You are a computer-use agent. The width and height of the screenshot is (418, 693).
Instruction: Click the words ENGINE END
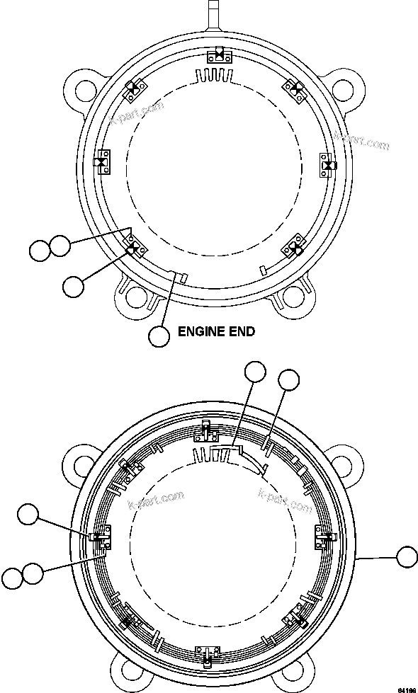click(215, 331)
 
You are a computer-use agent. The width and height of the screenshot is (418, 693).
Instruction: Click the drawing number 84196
click(406, 688)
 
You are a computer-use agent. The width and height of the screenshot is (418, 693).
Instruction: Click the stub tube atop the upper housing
click(215, 12)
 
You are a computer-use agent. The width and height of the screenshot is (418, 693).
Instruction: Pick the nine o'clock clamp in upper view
click(103, 163)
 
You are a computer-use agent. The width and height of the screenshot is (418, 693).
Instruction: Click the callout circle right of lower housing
click(407, 558)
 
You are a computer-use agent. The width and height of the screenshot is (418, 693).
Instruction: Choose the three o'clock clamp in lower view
click(324, 540)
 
